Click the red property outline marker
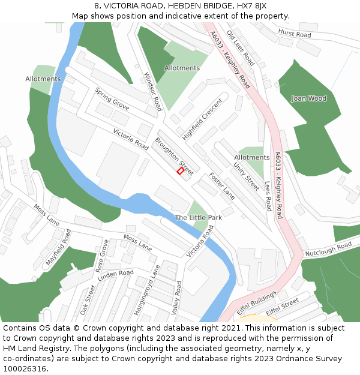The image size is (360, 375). tap(181, 171)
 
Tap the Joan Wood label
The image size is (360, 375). tap(308, 98)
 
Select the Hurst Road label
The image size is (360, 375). tap(295, 34)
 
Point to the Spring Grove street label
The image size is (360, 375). tap(112, 98)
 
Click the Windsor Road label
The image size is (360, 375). tap(153, 92)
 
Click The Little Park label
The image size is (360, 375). tap(199, 217)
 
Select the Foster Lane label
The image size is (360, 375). tap(222, 186)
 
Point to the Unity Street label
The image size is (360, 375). tap(246, 177)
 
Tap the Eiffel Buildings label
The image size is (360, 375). tap(256, 303)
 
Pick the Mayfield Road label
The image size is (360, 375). tap(59, 247)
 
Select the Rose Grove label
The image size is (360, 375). tap(102, 256)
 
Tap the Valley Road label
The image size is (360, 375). tap(177, 298)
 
